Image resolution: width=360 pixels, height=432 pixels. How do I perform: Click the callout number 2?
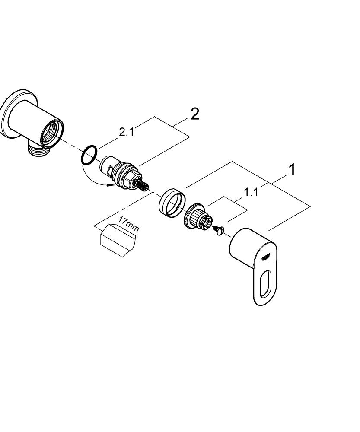(195, 114)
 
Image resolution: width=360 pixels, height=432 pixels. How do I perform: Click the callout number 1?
(293, 170)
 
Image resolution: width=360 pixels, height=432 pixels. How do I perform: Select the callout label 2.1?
(126, 132)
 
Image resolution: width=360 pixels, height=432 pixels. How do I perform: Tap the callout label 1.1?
(251, 192)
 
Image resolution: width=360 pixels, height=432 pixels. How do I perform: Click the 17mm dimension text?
(128, 226)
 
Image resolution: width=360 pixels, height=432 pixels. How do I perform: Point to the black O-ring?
(89, 155)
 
